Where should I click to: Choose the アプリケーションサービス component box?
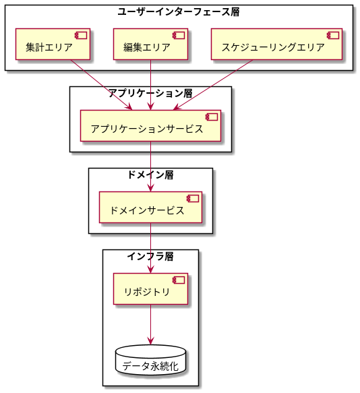150,126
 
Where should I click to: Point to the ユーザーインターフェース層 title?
179,11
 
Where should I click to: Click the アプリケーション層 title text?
150,93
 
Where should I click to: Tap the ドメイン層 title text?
150,175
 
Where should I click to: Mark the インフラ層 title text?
150,256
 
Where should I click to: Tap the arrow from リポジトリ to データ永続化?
150,325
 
